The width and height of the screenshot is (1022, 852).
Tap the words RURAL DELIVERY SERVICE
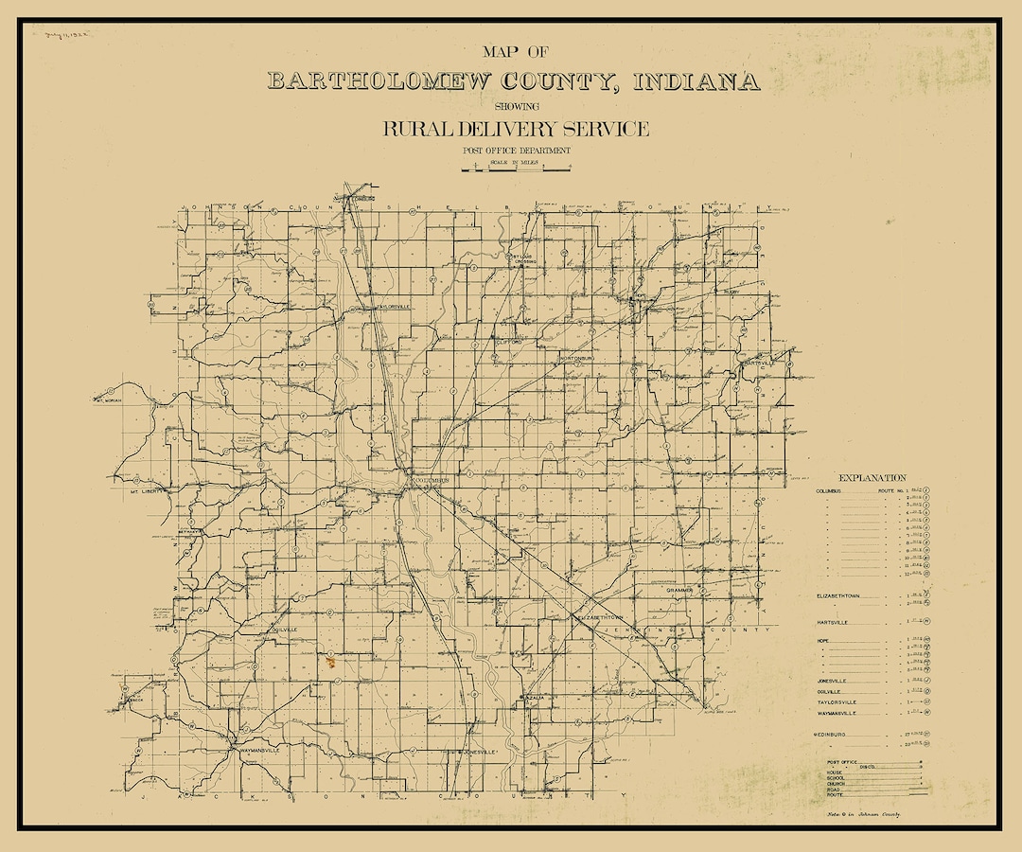(516, 130)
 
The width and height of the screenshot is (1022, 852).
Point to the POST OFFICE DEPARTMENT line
(516, 151)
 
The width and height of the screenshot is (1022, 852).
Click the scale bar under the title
(516, 169)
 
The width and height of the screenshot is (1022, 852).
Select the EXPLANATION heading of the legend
(872, 478)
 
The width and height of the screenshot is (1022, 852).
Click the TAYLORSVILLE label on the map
(393, 307)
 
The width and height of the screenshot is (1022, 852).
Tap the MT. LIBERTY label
(148, 491)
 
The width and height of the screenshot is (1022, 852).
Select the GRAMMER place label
(679, 590)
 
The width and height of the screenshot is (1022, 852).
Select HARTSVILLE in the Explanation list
(833, 623)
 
